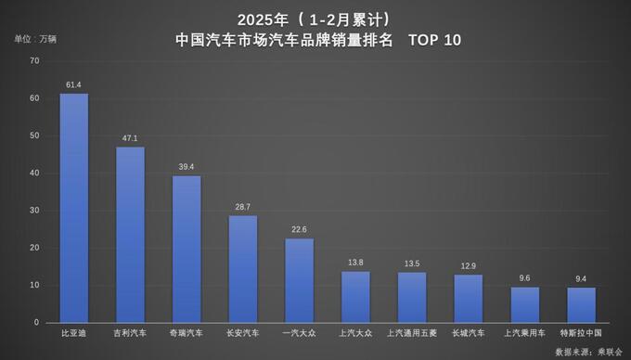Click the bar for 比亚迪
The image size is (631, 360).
click(74, 208)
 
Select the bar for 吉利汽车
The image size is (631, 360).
click(130, 235)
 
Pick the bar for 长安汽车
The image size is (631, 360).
click(243, 269)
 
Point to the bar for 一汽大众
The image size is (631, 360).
click(299, 280)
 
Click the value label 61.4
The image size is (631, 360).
click(74, 84)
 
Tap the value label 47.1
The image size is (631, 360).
click(130, 138)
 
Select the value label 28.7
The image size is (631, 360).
click(243, 207)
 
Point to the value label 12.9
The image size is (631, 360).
click(468, 266)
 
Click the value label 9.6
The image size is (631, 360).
click(524, 278)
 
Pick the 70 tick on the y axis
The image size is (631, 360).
click(34, 61)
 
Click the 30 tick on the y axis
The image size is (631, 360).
click(34, 211)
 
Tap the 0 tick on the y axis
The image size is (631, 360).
click(37, 323)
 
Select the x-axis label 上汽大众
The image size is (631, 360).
click(355, 332)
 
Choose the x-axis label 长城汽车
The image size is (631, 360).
click(468, 332)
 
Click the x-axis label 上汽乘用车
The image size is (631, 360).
click(524, 332)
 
